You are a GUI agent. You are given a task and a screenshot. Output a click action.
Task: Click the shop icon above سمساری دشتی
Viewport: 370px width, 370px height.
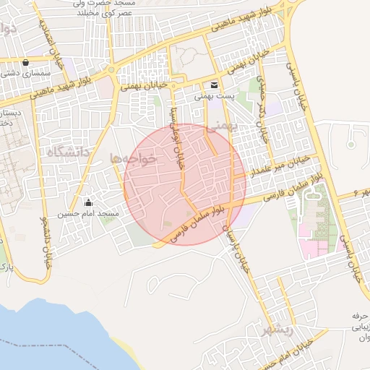tap(26, 62)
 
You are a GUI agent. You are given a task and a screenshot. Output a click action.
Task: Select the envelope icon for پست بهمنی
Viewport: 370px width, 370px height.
tap(215, 85)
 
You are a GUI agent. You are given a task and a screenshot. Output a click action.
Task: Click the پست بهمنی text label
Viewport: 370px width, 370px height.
tap(215, 95)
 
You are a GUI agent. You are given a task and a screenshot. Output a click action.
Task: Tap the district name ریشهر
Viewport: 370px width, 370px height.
tap(277, 329)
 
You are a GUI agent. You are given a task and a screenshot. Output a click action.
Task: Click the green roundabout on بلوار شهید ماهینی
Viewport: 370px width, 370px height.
tap(111, 71)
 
